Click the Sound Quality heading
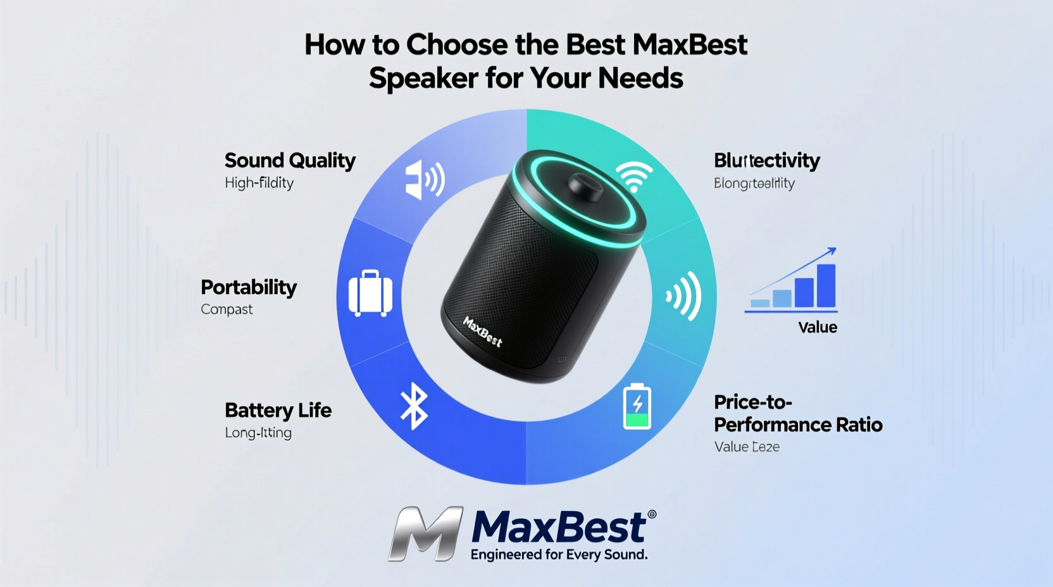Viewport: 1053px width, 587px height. point(290,161)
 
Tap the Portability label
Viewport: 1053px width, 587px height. point(249,288)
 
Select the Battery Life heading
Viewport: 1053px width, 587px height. point(278,411)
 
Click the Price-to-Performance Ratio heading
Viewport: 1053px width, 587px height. point(797,413)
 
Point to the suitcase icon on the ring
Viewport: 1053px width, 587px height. point(370,293)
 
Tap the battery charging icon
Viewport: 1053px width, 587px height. point(637,406)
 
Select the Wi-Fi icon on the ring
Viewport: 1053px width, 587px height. point(634,176)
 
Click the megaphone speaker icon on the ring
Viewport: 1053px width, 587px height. point(424,180)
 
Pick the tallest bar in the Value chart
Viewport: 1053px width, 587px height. point(826,285)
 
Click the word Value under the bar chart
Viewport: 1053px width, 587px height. point(818,328)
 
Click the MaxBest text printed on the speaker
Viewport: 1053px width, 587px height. point(483,332)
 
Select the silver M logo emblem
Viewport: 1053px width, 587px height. point(426,533)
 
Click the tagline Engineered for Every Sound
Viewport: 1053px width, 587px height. point(559,555)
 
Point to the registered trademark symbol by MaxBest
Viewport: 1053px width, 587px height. point(652,515)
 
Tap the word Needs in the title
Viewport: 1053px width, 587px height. point(640,78)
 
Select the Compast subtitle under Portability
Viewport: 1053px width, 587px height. point(227,310)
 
